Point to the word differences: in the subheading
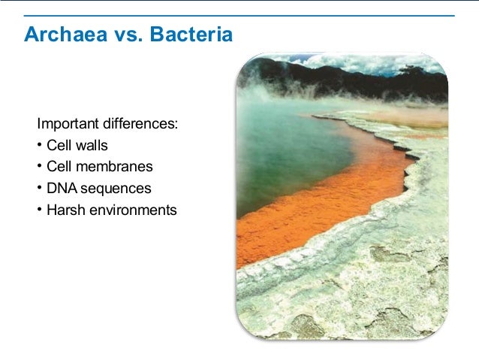point(140,123)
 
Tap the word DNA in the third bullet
point(60,188)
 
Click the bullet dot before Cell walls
point(39,145)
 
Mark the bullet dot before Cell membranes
point(39,166)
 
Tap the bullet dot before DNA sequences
point(39,188)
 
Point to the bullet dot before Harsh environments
point(39,210)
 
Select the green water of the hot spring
point(285,150)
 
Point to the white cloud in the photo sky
point(375,62)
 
